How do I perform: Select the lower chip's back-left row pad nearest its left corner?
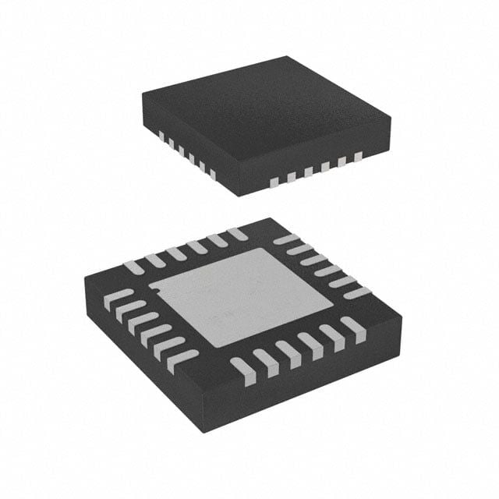pyautogui.click(x=134, y=267)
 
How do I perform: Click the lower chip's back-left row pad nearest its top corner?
pyautogui.click(x=236, y=232)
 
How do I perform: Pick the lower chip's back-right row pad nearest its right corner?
pyautogui.click(x=356, y=293)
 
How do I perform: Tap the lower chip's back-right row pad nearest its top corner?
pyautogui.click(x=285, y=239)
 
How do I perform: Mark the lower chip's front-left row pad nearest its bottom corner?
pyautogui.click(x=182, y=359)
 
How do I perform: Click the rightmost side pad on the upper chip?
pyautogui.click(x=359, y=157)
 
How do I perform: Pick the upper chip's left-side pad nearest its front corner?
pyautogui.click(x=212, y=170)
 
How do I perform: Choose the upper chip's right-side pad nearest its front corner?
pyautogui.click(x=274, y=182)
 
